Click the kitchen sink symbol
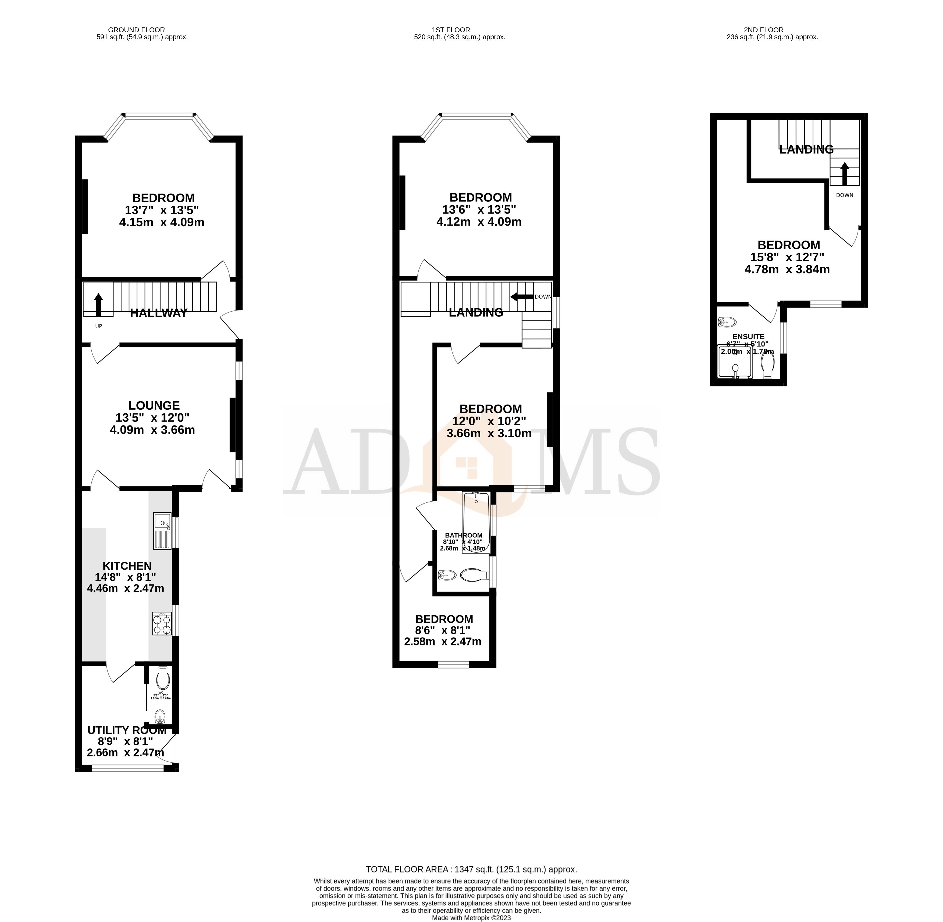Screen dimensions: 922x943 [x=162, y=531]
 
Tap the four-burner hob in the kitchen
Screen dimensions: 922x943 [x=162, y=624]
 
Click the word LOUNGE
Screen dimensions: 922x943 [x=154, y=405]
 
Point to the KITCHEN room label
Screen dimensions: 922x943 [x=127, y=566]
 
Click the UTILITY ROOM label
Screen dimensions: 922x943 [x=127, y=730]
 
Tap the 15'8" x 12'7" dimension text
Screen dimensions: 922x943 [x=787, y=257]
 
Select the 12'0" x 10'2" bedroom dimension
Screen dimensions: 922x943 [x=489, y=421]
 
